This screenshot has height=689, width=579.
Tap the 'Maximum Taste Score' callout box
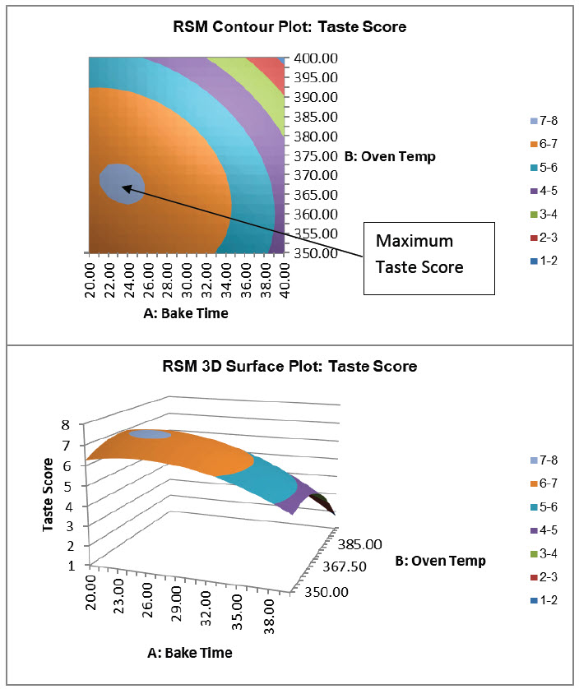[x=428, y=257]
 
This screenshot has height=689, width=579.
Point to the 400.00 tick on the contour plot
[x=316, y=59]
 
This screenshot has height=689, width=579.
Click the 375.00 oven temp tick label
[x=316, y=156]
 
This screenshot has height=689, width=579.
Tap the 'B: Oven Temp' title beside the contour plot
[x=389, y=156]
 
